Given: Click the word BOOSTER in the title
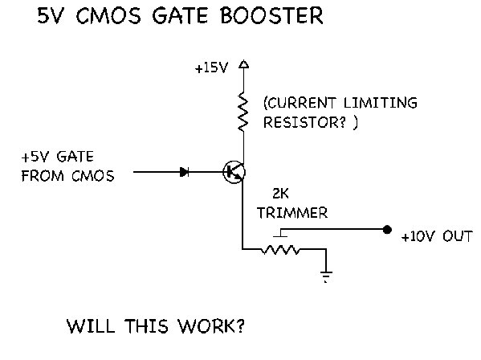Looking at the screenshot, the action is pyautogui.click(x=271, y=15).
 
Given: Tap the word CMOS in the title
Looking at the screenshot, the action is pyautogui.click(x=108, y=15).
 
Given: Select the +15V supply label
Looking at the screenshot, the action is pyautogui.click(x=212, y=67).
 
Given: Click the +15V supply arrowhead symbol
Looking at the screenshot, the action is pyautogui.click(x=244, y=63).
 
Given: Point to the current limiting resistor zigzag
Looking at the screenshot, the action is pyautogui.click(x=243, y=112).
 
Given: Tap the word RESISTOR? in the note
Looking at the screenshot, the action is pyautogui.click(x=304, y=122).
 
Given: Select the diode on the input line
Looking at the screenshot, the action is pyautogui.click(x=184, y=172).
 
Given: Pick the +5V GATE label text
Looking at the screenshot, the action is pyautogui.click(x=57, y=157).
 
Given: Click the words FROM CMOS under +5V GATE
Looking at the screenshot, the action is pyautogui.click(x=67, y=176).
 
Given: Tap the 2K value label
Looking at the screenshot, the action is pyautogui.click(x=280, y=194).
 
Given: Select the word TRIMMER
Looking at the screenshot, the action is pyautogui.click(x=292, y=213).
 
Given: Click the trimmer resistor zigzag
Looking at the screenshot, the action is pyautogui.click(x=280, y=250).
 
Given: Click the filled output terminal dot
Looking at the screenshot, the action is pyautogui.click(x=387, y=229).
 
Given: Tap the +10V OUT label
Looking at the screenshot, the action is pyautogui.click(x=437, y=236).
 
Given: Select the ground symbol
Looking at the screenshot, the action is pyautogui.click(x=326, y=276).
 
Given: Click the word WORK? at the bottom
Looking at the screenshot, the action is pyautogui.click(x=211, y=326).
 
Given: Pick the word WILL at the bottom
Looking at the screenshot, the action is pyautogui.click(x=91, y=326).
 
